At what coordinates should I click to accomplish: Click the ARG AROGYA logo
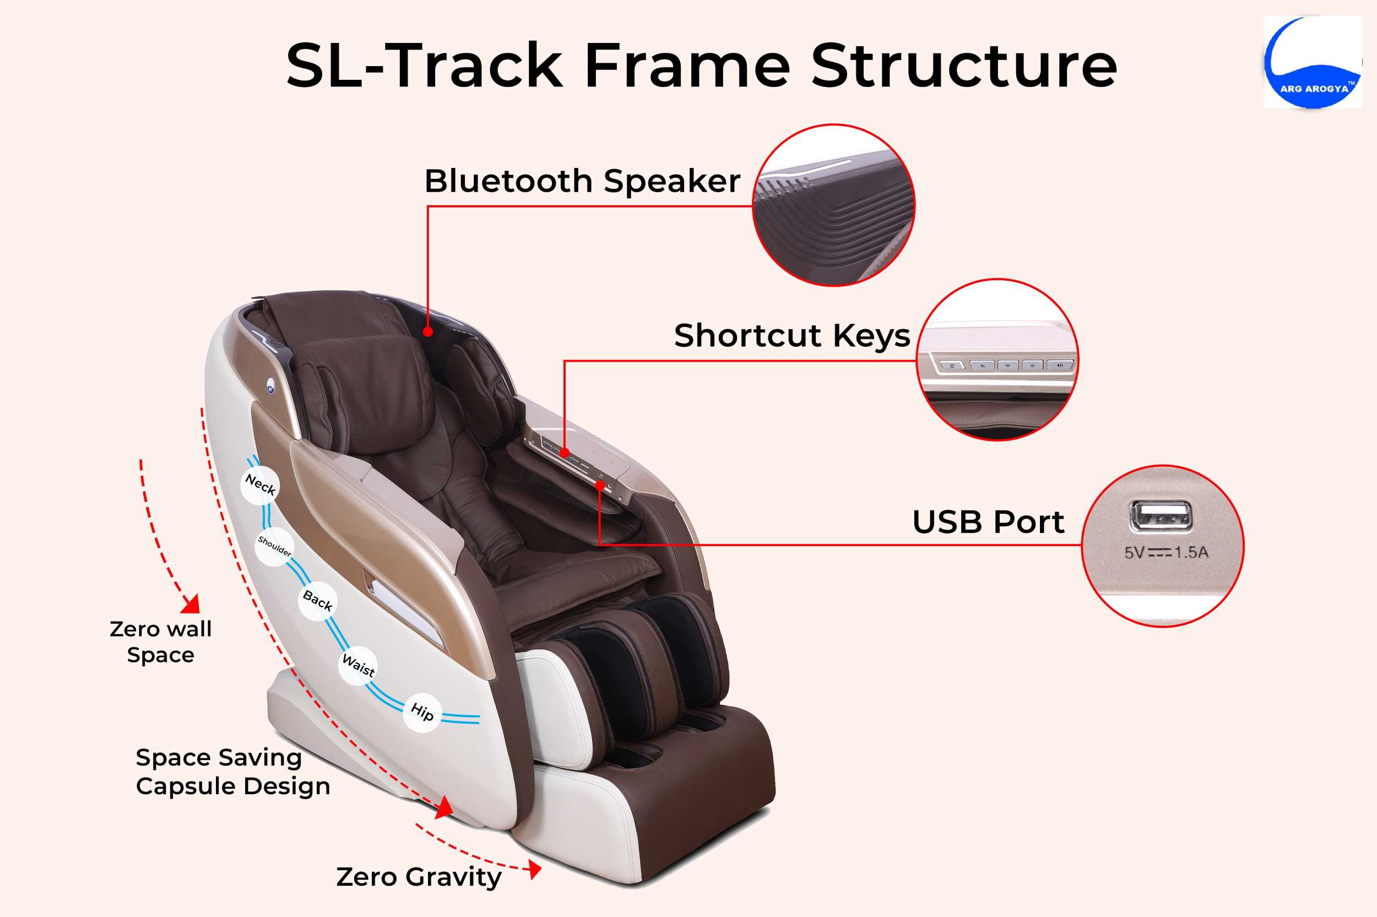pos(1313,62)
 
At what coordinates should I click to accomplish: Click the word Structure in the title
pos(964,65)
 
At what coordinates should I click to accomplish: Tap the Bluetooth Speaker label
pos(582,181)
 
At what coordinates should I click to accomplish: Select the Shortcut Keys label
pos(792,336)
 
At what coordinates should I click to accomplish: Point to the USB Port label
pos(988,522)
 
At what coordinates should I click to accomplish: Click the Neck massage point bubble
pos(260,484)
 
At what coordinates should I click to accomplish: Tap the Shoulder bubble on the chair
pos(274,546)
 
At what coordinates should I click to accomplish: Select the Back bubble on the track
pos(317,601)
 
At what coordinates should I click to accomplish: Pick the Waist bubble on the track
pos(358,665)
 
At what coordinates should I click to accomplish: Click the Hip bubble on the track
pos(422,712)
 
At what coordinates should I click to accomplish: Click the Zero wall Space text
pos(161,642)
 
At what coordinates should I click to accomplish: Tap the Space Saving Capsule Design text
pos(233,771)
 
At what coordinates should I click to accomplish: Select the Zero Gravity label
pos(419,877)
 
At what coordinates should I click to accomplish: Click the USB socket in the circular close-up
pos(1161,516)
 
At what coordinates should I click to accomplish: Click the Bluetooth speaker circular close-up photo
pos(833,205)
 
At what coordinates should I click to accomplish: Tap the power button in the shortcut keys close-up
pos(952,365)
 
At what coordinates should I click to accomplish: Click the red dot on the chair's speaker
pos(428,331)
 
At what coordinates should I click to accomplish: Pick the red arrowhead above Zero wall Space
pos(191,605)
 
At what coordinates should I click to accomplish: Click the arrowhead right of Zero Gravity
pos(535,869)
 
